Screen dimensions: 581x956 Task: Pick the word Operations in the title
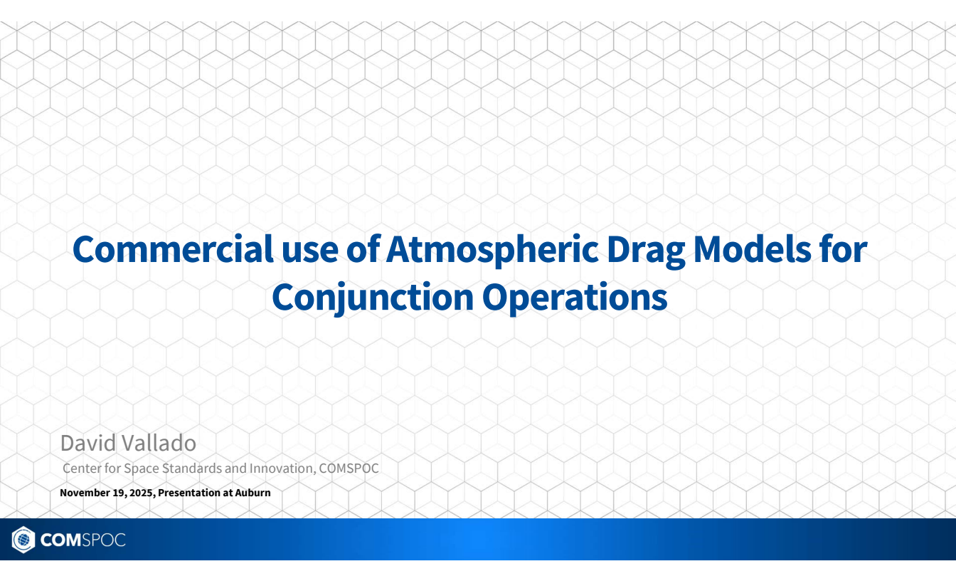[575, 298]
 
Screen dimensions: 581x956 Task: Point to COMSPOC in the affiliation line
[349, 469]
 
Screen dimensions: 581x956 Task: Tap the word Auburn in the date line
[253, 493]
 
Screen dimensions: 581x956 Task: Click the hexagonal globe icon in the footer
[23, 540]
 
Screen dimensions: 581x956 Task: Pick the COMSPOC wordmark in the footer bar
[83, 540]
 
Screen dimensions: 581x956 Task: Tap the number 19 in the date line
[119, 493]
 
